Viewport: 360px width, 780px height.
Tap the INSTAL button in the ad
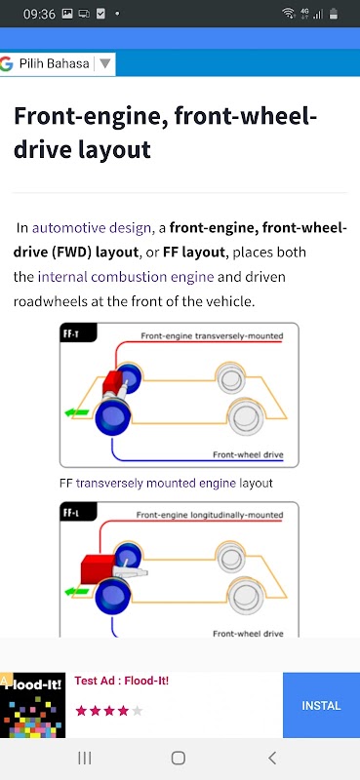pyautogui.click(x=321, y=705)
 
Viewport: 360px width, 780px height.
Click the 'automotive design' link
pyautogui.click(x=91, y=228)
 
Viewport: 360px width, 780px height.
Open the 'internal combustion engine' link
pyautogui.click(x=126, y=277)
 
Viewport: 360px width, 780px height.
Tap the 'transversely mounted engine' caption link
pyautogui.click(x=156, y=483)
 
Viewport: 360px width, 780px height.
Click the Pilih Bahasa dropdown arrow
pyautogui.click(x=104, y=63)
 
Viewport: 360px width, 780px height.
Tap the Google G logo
pyautogui.click(x=6, y=63)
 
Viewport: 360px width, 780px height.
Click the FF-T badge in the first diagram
pyautogui.click(x=70, y=333)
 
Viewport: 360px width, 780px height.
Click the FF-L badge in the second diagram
pyautogui.click(x=70, y=513)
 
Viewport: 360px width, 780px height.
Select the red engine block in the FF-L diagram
pyautogui.click(x=98, y=569)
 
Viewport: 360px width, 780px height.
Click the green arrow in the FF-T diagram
pyautogui.click(x=77, y=412)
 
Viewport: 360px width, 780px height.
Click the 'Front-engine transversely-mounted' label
pyautogui.click(x=212, y=335)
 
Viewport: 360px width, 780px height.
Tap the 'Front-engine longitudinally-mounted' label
pyautogui.click(x=210, y=515)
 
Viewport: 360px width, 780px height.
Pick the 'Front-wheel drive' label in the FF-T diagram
pyautogui.click(x=248, y=454)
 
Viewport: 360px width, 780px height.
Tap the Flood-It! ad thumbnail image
pyautogui.click(x=33, y=705)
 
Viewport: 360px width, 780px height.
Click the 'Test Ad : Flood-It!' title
pyautogui.click(x=122, y=681)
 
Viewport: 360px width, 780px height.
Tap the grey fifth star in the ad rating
pyautogui.click(x=138, y=711)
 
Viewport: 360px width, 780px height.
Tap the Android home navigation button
pyautogui.click(x=179, y=758)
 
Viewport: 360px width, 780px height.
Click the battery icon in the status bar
pyautogui.click(x=333, y=14)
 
